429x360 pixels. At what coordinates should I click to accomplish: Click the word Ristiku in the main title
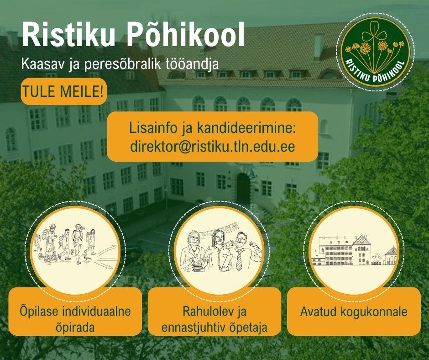69,34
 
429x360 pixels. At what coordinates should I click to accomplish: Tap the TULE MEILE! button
63,91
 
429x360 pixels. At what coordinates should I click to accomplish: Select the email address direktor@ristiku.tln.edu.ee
213,147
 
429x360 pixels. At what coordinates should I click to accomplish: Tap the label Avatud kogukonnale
354,312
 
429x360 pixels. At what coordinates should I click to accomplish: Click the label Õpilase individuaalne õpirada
75,319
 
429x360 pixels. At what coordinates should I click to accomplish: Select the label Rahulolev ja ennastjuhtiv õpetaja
214,319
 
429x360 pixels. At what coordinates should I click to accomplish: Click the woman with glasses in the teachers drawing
194,252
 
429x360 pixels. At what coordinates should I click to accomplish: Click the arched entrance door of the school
243,189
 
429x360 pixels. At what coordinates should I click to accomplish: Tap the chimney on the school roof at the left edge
13,40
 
